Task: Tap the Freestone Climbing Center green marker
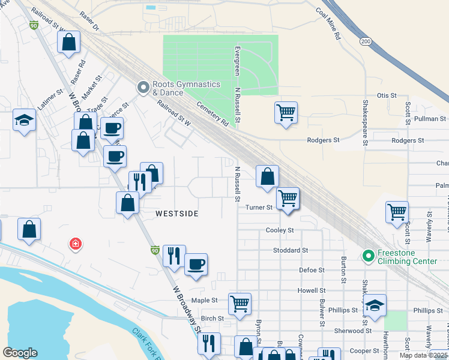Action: click(368, 256)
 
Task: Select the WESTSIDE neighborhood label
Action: click(178, 213)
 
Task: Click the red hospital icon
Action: click(76, 244)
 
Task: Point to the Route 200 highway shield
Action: click(365, 41)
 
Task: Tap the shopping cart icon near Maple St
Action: click(240, 304)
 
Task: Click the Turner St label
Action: click(259, 208)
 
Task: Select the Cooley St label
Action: click(280, 230)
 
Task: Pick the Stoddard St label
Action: click(290, 250)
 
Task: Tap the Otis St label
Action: click(387, 95)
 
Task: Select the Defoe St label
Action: click(312, 271)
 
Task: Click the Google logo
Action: click(20, 352)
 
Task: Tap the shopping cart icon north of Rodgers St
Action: click(286, 112)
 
